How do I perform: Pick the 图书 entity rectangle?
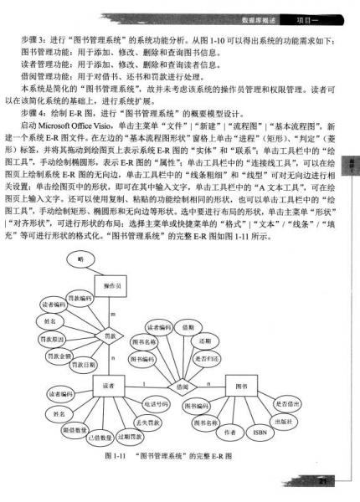(241, 387)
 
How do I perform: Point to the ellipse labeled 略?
(81, 260)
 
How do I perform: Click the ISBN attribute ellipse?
(258, 433)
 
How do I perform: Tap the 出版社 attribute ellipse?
(280, 421)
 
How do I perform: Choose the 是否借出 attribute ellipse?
(287, 404)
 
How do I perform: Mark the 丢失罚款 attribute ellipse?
(147, 423)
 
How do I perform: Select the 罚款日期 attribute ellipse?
(81, 366)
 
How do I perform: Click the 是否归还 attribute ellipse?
(203, 356)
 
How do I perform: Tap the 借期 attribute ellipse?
(188, 327)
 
